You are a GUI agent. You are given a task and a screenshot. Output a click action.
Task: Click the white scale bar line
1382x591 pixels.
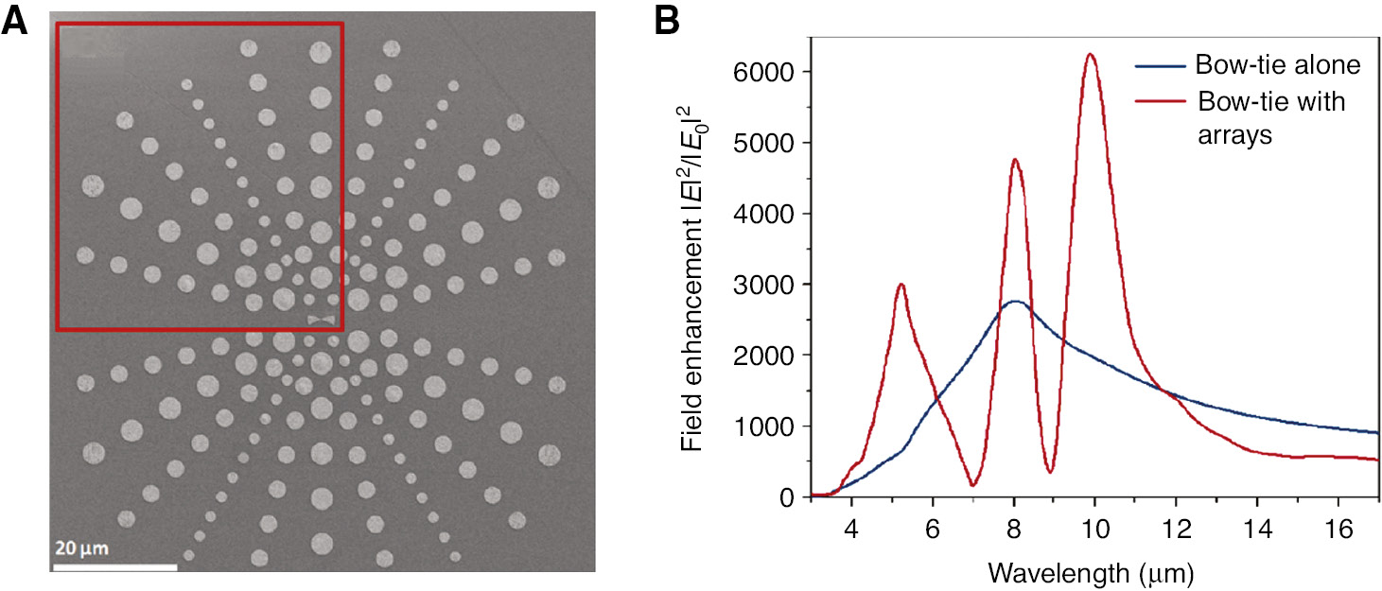[114, 566]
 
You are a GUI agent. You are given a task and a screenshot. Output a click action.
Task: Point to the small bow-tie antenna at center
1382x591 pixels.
[322, 320]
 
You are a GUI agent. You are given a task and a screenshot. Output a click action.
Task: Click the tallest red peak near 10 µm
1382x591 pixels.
[1092, 55]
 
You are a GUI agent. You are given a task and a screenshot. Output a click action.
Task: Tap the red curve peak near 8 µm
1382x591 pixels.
[1015, 160]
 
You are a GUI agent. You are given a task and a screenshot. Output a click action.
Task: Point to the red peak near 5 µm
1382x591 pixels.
[901, 285]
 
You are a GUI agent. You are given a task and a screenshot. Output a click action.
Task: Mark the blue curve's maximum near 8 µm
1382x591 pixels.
[1015, 302]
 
